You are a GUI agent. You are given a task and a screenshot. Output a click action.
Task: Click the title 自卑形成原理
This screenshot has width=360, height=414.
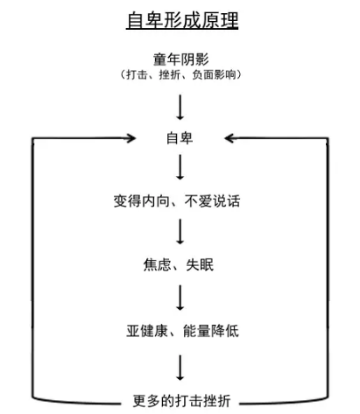tap(182, 20)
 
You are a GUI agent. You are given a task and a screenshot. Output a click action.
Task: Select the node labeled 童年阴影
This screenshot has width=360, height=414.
tap(181, 60)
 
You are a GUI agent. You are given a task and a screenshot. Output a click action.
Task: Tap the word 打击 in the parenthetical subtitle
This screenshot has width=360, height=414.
tap(137, 74)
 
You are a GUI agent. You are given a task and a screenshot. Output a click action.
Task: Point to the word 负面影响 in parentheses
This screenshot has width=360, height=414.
tap(214, 74)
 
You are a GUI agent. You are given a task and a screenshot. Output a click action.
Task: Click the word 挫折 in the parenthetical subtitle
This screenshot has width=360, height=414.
tap(169, 74)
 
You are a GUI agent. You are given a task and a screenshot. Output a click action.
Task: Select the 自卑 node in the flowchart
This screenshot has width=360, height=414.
tap(180, 138)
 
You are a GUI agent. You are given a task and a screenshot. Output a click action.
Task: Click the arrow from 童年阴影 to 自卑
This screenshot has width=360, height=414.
tap(180, 107)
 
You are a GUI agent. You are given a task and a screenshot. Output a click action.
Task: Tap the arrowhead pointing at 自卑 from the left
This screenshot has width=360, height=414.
tap(131, 138)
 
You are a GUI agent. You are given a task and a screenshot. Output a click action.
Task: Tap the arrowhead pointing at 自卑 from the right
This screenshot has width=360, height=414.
tap(229, 138)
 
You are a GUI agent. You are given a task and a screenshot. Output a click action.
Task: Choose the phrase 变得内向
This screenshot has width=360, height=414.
tap(141, 201)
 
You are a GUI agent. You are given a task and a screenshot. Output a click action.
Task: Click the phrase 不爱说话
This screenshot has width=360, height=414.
tap(212, 201)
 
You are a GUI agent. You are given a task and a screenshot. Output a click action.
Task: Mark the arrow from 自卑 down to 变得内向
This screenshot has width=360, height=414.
tap(180, 167)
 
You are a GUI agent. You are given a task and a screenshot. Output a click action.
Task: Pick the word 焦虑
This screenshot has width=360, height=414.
tap(157, 265)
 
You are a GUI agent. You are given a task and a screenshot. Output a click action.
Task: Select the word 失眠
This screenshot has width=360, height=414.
tap(200, 265)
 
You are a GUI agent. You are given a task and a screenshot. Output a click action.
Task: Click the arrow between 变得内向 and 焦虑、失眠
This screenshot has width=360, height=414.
tap(180, 232)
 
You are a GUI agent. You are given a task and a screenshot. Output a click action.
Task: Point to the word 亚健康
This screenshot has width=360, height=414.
tap(147, 331)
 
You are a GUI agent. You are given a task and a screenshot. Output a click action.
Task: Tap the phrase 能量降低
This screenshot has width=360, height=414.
tap(211, 331)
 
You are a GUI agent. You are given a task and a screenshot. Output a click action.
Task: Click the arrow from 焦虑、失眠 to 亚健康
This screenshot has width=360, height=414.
tap(180, 298)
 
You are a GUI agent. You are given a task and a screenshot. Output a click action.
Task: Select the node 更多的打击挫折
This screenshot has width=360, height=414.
tap(181, 401)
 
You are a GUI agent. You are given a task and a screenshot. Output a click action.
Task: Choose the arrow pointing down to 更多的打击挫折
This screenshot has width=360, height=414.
tap(180, 368)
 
